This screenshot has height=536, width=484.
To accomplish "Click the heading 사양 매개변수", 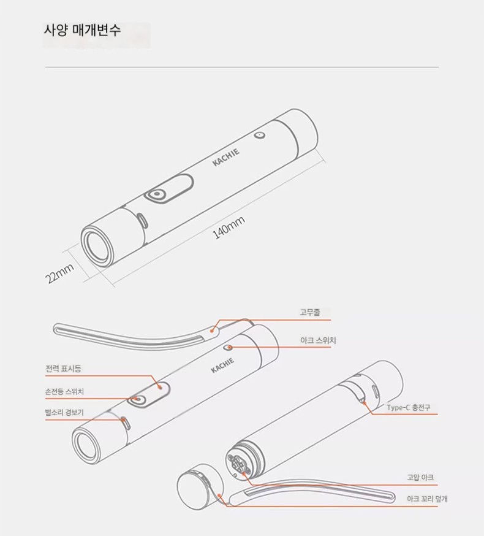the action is point(82,30).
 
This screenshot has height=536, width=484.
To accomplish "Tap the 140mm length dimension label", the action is point(229,228).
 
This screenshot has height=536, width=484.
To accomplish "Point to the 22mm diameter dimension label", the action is point(59,274).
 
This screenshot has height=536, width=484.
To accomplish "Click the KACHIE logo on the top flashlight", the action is point(226,157).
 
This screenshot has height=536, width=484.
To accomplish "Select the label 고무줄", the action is point(310,312).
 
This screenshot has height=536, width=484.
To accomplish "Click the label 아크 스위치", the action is point(318,340).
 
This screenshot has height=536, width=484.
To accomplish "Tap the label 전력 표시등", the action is point(63,369).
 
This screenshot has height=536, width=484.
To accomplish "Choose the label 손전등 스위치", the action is point(64,391).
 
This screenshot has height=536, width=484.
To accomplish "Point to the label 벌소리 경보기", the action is point(64,412).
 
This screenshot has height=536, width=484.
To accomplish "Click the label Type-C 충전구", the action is point(409,407).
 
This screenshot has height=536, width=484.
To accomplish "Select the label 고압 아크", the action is point(420,477).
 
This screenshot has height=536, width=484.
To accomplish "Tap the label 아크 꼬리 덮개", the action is point(427,499).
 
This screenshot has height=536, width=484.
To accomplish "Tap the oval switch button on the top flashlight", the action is point(157,194).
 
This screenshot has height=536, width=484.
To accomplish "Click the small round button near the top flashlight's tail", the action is point(260,136).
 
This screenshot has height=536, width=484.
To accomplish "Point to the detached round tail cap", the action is point(200,486).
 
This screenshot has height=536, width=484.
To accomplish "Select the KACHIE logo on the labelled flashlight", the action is point(222,366).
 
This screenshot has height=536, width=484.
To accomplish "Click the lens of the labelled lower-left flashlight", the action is point(87,447).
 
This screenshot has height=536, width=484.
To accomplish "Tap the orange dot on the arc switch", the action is point(230,348).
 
